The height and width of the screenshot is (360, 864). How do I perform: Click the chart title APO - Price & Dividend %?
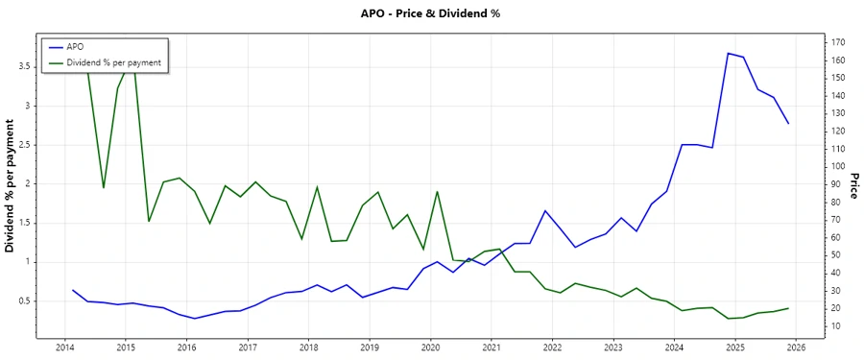[431, 13]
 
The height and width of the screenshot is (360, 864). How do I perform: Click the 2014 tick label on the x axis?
[64, 348]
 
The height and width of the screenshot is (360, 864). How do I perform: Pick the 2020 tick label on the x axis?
[430, 348]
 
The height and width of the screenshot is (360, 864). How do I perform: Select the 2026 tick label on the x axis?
[796, 348]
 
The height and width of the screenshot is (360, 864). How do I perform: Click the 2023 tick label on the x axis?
[613, 348]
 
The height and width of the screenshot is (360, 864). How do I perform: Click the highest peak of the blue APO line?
[728, 53]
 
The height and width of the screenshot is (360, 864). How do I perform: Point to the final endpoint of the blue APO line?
[788, 123]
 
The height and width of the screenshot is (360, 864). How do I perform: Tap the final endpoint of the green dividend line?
[788, 308]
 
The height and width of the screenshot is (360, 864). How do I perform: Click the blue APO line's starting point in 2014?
[73, 290]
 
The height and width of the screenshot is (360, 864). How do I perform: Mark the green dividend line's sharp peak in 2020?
[438, 191]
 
